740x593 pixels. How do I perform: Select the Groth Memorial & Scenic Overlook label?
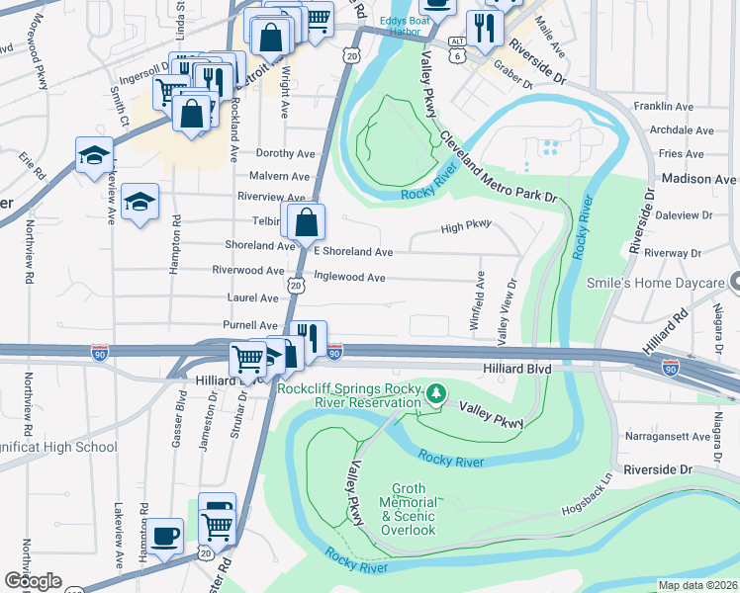click(410, 509)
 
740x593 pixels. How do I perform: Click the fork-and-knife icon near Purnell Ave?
click(309, 339)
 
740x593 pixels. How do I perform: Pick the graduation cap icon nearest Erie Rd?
click(94, 156)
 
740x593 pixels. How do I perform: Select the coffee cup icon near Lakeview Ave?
click(165, 537)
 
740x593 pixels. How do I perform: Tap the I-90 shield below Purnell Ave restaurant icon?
click(334, 353)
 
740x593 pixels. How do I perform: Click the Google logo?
click(33, 581)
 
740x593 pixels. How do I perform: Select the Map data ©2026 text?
click(696, 585)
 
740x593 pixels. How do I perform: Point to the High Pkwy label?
click(465, 227)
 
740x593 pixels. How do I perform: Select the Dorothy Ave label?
click(285, 153)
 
